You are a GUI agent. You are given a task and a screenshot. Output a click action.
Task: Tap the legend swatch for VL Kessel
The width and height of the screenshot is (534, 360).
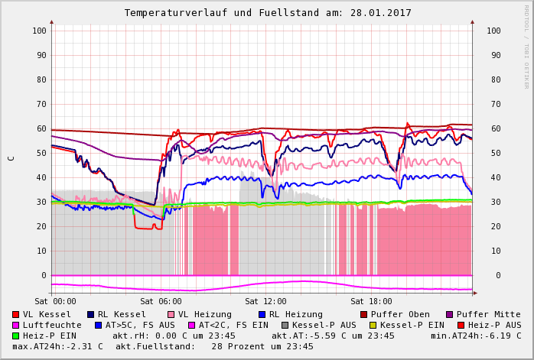pos(16,314)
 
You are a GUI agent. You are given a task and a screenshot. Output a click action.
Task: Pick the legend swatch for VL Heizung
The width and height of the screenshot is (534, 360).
pos(171,314)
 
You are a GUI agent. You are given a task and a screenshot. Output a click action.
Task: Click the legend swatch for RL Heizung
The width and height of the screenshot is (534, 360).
pos(262,314)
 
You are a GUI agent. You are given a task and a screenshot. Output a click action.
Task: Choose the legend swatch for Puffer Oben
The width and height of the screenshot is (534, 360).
pos(364,314)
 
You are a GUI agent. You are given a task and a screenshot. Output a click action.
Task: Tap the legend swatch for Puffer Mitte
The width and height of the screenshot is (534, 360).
pos(449,314)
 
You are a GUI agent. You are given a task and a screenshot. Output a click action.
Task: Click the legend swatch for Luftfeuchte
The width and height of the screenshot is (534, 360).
pos(16,325)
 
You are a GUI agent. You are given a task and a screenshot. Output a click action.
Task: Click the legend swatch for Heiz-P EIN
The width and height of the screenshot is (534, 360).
pos(16,336)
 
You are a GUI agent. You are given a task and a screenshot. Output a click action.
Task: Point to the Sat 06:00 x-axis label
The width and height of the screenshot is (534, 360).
pos(161,301)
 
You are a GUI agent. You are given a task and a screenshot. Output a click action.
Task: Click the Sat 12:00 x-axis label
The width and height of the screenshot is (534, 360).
pos(265,301)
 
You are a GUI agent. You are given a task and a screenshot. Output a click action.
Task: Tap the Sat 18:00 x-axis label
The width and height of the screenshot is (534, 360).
pos(371,301)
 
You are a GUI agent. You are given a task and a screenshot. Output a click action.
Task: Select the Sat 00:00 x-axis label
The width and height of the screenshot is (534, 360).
pos(56,301)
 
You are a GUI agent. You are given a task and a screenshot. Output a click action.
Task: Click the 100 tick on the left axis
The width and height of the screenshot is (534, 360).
pos(38,31)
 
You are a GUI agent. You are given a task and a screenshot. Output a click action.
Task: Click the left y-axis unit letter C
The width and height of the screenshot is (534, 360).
pos(11,158)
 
